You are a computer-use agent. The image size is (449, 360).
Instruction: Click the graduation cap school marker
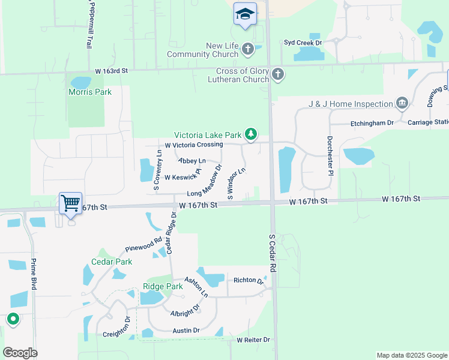click(245, 14)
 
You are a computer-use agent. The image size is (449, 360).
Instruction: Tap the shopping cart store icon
click(70, 203)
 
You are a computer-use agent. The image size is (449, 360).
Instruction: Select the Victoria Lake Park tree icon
click(252, 135)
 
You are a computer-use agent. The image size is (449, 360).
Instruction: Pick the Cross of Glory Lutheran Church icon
click(277, 75)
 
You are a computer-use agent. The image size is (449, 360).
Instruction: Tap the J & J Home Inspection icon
click(402, 104)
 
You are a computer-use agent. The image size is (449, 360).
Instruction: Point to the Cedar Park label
click(112, 262)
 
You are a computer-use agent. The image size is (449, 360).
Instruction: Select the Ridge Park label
click(163, 286)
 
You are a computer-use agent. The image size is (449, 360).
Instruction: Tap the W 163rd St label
click(112, 71)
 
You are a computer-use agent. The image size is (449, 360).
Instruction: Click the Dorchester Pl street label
click(330, 154)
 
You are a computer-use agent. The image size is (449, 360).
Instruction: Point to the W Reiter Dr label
click(253, 340)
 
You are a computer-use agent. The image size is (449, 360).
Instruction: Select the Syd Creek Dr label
click(303, 43)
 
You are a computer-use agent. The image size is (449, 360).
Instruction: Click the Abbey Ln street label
click(192, 161)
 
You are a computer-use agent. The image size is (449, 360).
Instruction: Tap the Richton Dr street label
click(249, 280)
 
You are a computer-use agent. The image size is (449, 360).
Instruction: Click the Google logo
click(20, 353)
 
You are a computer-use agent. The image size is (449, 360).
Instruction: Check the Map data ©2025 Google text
click(411, 355)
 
